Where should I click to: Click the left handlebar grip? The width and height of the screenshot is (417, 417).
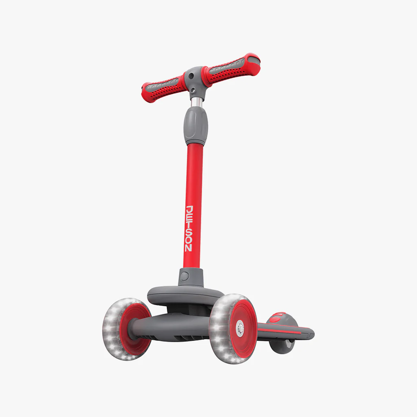(163, 87)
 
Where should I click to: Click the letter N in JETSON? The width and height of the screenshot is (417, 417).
(188, 247)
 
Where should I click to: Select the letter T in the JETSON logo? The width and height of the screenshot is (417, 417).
(189, 225)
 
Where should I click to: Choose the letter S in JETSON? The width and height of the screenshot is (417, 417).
(189, 232)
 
